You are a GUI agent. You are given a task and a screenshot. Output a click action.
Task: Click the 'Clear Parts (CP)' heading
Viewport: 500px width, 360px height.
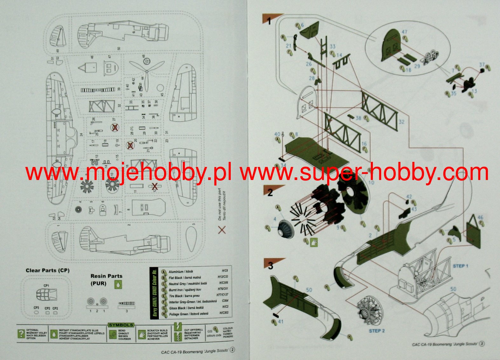point(47,270)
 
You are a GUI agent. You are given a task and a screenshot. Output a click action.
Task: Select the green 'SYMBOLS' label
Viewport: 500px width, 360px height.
point(121,325)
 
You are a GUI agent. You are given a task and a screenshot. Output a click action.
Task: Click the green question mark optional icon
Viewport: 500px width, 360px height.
point(21,334)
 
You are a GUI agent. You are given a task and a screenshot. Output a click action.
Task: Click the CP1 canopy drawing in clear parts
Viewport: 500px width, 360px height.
point(46,295)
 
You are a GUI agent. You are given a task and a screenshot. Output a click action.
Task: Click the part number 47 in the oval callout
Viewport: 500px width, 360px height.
point(404,32)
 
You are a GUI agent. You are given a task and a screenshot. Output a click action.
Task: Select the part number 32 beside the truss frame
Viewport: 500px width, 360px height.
point(401,121)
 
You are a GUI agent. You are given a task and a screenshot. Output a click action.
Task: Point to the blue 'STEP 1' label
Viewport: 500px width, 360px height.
point(461,266)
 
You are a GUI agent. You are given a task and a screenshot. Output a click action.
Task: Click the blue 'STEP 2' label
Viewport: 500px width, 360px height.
point(377,331)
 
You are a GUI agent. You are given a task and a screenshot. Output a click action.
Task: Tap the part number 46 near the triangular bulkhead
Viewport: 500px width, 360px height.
point(480,218)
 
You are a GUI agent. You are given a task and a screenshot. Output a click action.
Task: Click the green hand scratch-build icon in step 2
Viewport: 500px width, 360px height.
point(314,242)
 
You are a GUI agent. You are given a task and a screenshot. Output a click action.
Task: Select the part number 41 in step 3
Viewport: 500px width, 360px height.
point(281,322)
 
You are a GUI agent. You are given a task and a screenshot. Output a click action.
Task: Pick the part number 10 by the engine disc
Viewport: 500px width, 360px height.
point(371,183)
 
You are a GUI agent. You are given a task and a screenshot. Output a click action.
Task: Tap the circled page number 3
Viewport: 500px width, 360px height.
point(482,344)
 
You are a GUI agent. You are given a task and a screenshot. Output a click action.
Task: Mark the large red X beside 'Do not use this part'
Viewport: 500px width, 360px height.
point(222,230)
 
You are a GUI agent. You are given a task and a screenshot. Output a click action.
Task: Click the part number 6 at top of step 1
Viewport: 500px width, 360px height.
point(302,25)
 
